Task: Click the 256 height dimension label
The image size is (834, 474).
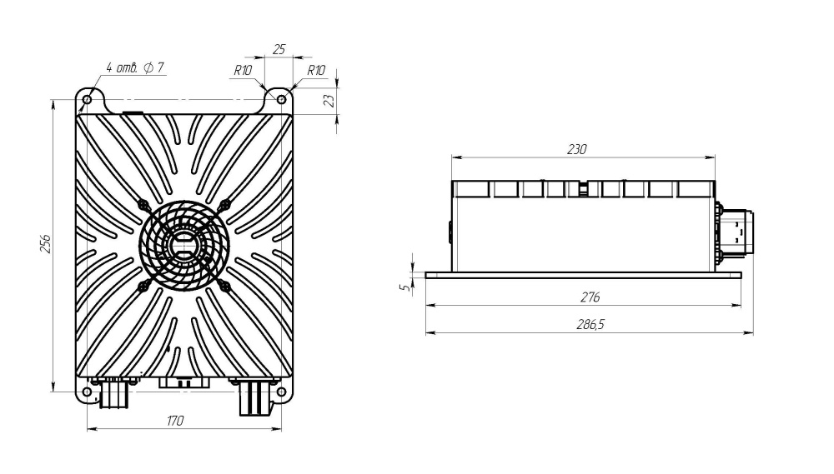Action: click(x=46, y=243)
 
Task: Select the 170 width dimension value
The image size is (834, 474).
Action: click(x=175, y=421)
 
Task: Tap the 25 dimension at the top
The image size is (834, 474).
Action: click(x=279, y=49)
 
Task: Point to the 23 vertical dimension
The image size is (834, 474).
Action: click(x=329, y=100)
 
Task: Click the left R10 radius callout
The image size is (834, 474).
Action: click(x=243, y=71)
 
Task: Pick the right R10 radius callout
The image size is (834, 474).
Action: click(x=316, y=71)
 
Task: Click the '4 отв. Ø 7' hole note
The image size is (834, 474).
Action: click(x=135, y=68)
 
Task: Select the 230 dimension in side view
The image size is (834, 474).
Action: click(x=576, y=150)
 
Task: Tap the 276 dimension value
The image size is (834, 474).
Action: click(x=590, y=297)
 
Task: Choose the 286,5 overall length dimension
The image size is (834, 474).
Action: click(x=590, y=325)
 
